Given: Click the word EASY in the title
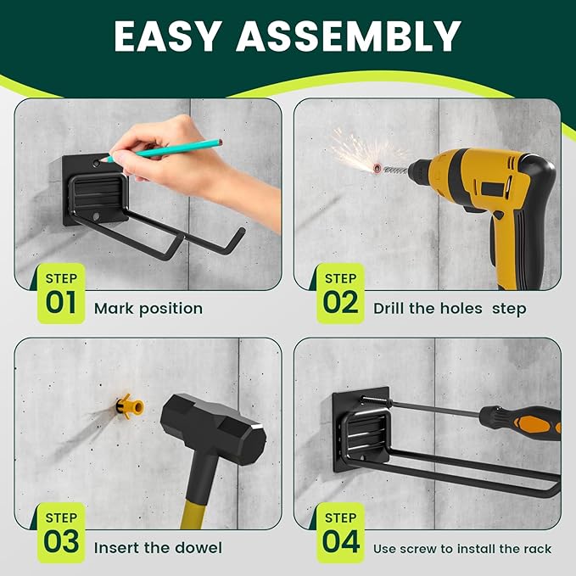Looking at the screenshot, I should click(173, 37).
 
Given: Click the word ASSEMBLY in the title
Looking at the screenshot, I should click(351, 37).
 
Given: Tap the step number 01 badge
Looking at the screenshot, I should click(61, 294).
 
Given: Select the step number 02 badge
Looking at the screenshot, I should click(340, 294).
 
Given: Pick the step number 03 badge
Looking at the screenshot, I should click(61, 533).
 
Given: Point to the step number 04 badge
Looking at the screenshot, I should click(340, 533).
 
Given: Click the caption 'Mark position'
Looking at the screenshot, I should click(148, 308).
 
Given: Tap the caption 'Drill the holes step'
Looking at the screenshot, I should click(450, 308).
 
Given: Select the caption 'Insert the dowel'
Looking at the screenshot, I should click(158, 547).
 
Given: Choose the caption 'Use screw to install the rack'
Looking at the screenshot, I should click(462, 549).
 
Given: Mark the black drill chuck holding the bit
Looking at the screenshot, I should click(420, 171).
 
